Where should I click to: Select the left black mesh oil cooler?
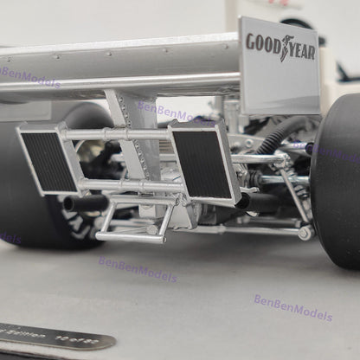48,161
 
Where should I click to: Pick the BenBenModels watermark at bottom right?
292,308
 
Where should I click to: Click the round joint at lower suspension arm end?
304,232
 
